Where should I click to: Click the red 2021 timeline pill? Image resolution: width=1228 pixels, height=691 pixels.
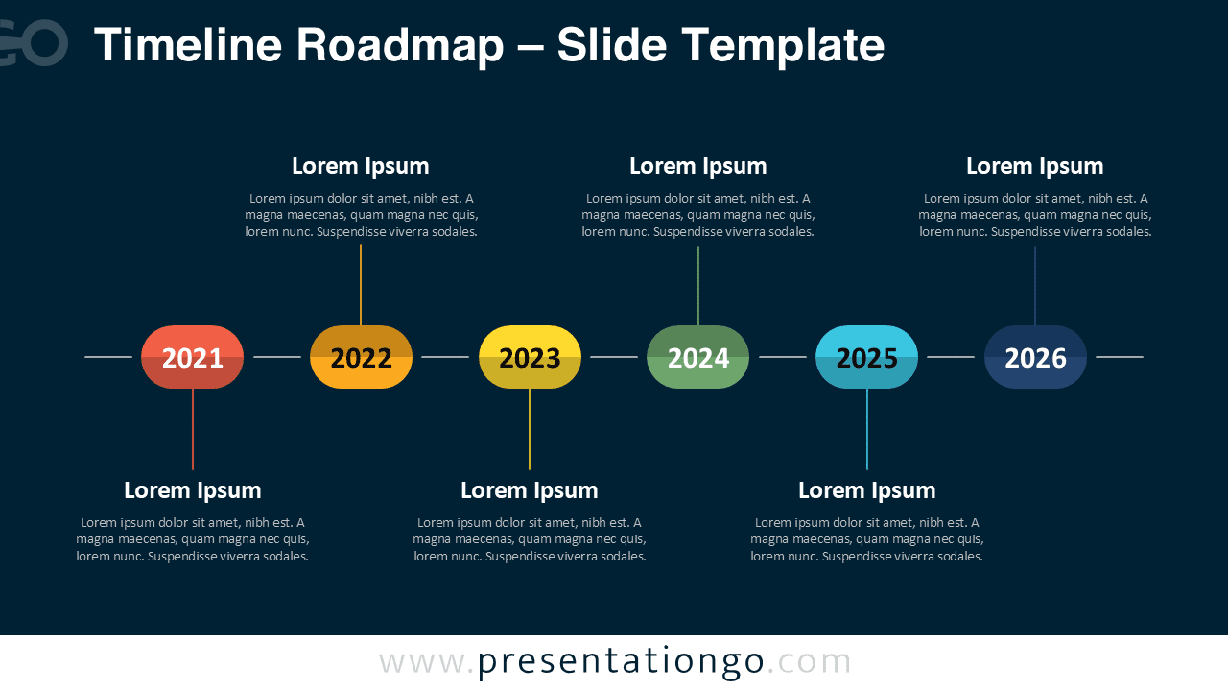(x=192, y=357)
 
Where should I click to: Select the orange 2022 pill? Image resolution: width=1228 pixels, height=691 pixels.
(x=361, y=357)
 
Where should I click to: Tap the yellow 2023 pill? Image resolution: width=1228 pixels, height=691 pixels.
(x=530, y=357)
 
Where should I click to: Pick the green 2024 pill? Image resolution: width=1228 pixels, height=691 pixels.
(x=697, y=357)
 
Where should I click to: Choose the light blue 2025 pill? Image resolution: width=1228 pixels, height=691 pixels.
(x=866, y=357)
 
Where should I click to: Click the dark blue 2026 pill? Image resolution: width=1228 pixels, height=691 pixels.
(x=1035, y=357)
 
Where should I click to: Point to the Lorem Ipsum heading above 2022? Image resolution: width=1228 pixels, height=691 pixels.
(x=361, y=166)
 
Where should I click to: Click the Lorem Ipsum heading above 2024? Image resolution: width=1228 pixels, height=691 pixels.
(x=697, y=166)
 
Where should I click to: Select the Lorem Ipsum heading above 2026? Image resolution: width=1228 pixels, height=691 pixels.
(x=1034, y=166)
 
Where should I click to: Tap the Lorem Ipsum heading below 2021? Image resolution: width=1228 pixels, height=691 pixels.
(x=192, y=490)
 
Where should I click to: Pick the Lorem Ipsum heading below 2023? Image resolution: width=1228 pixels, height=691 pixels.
(x=530, y=490)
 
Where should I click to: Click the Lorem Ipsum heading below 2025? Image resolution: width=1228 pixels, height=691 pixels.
(x=866, y=490)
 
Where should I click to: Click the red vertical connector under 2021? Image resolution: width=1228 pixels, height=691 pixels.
(x=193, y=429)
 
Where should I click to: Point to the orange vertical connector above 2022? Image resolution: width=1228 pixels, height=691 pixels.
(x=361, y=285)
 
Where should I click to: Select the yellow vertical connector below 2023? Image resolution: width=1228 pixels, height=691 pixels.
(x=530, y=429)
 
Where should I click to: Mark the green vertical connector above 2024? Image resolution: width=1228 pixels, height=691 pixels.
(x=698, y=285)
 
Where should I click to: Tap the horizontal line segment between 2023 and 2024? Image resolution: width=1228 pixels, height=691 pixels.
(x=614, y=357)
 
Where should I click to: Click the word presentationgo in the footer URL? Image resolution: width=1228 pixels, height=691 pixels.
(x=621, y=662)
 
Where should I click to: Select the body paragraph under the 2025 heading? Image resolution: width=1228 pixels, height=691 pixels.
(x=866, y=539)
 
